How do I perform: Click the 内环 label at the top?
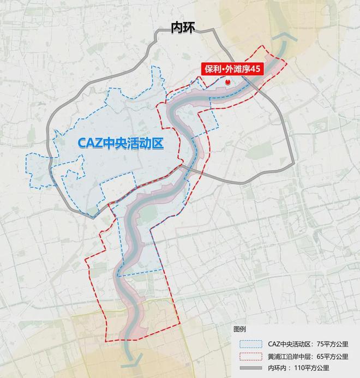click(183, 28)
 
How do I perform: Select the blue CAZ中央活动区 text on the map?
click(121, 142)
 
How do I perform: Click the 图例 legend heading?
click(240, 330)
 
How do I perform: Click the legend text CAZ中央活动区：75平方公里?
click(308, 344)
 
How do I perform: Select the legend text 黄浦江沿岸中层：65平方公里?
click(308, 357)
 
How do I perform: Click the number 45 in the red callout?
click(254, 70)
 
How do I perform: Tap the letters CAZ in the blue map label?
click(88, 142)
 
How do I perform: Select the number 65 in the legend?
click(326, 357)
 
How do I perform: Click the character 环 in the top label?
click(190, 28)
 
